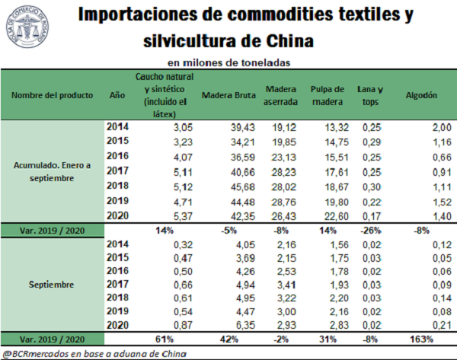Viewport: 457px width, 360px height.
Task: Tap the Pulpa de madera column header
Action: [328, 95]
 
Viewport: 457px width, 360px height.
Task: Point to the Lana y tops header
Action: [371, 95]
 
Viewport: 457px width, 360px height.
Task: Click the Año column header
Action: [117, 95]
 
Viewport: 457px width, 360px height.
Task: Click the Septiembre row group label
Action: [53, 285]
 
